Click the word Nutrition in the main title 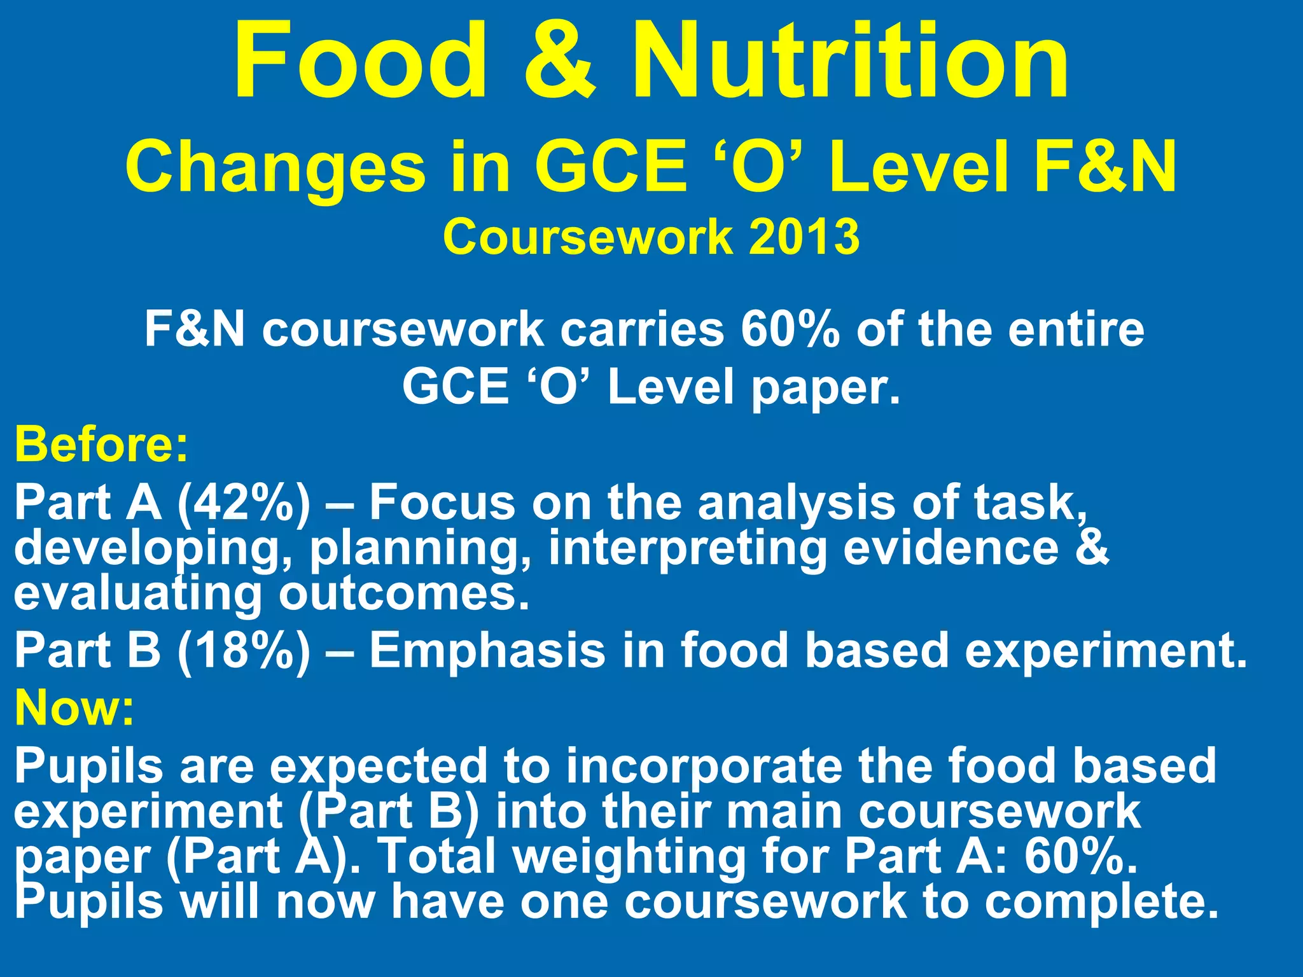(x=850, y=61)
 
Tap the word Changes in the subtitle (x=275, y=168)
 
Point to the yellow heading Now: (x=75, y=707)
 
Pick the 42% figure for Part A (x=244, y=502)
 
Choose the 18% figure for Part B (x=244, y=650)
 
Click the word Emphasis (x=487, y=650)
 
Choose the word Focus (x=442, y=502)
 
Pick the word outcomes (x=405, y=594)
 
